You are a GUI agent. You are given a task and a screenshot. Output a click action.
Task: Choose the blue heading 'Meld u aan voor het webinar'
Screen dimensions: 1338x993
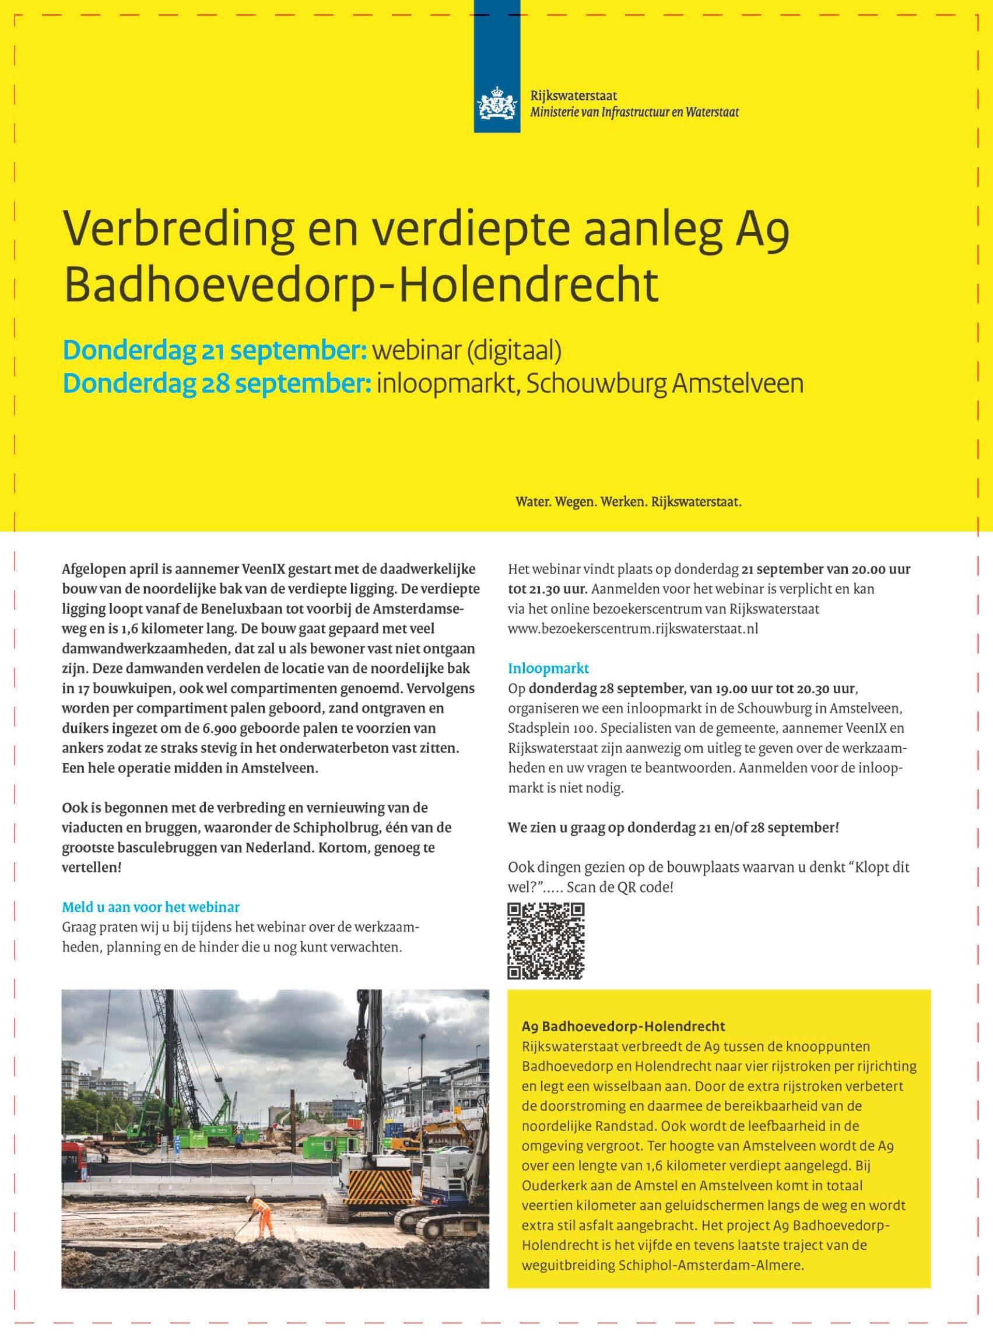[152, 906]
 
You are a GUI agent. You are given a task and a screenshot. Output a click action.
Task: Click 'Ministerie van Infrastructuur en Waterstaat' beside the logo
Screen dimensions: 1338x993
[634, 112]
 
